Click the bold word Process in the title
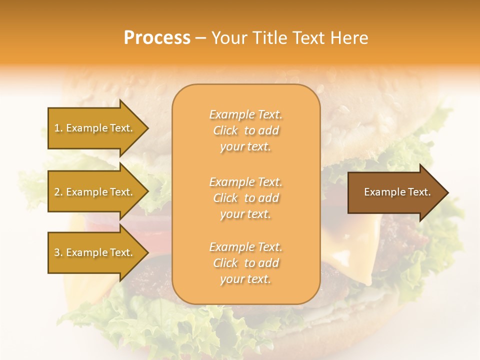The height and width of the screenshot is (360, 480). (x=157, y=38)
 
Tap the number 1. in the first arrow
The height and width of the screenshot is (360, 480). (x=58, y=128)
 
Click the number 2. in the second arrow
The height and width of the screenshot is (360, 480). (x=58, y=192)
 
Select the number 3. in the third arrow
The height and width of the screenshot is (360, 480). (x=58, y=252)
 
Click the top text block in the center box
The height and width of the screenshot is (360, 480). (x=245, y=130)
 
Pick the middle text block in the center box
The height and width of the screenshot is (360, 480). (x=245, y=198)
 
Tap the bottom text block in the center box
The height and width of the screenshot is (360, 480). (x=245, y=263)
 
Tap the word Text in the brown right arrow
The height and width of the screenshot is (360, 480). (x=419, y=192)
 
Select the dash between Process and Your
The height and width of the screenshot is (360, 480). (x=200, y=38)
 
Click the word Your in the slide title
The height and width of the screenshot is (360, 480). (x=229, y=38)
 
